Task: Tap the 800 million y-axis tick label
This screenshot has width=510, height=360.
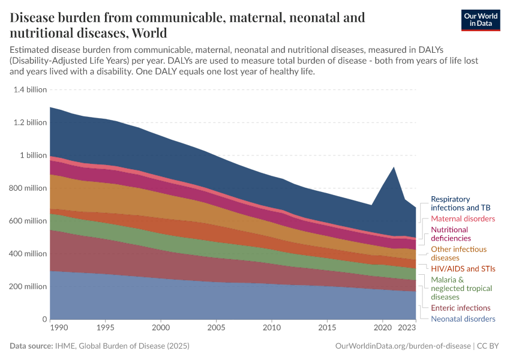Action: [x=29, y=188]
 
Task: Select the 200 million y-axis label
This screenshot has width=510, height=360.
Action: [x=29, y=286]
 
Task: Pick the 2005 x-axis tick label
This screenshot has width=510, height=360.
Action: [x=216, y=328]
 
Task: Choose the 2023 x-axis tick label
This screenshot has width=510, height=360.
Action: [x=407, y=328]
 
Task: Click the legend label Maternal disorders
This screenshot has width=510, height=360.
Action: [x=463, y=218]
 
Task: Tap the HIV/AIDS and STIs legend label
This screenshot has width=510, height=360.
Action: [x=463, y=268]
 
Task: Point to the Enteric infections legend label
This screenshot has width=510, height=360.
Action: [x=461, y=308]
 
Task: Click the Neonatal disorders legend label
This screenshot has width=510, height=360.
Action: [x=463, y=319]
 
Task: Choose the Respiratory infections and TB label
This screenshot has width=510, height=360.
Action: [x=459, y=203]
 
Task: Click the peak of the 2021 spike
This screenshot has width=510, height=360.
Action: [x=394, y=167]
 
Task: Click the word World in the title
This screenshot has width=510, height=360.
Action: [x=146, y=32]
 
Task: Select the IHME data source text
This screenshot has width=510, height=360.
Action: [x=124, y=346]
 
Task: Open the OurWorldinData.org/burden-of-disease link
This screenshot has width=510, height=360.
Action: [x=402, y=346]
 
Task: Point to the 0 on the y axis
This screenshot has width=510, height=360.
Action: [x=44, y=319]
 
